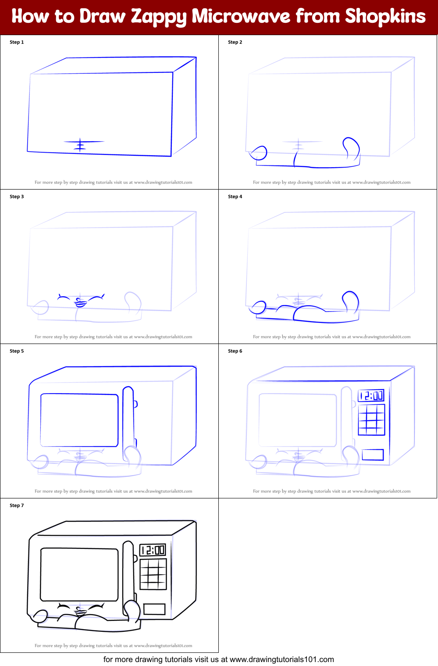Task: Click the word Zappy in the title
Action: tap(159, 17)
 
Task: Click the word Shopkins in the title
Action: tap(385, 16)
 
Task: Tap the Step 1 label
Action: tap(17, 42)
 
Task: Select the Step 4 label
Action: tap(235, 197)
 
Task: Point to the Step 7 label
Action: tap(17, 505)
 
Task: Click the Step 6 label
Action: tap(235, 351)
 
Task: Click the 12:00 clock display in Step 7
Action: tap(152, 550)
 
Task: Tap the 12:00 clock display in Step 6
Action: tap(371, 396)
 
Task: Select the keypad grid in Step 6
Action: tap(371, 420)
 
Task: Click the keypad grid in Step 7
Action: tap(153, 574)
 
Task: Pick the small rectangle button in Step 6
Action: tap(373, 455)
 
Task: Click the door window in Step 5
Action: tap(79, 420)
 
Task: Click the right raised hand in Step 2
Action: tap(351, 147)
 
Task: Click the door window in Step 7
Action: tap(79, 574)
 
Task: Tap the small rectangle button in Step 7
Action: tap(154, 609)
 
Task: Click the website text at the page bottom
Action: tap(218, 659)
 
